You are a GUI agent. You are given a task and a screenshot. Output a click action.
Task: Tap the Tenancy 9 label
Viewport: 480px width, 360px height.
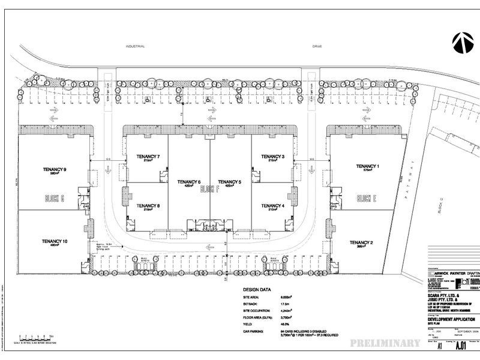click(54, 170)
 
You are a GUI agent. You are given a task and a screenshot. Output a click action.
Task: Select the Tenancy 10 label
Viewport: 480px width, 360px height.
click(54, 241)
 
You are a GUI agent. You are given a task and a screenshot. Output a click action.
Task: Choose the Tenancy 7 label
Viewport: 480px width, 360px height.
click(147, 157)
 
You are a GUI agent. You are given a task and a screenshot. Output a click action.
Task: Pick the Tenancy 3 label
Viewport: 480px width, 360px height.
click(272, 157)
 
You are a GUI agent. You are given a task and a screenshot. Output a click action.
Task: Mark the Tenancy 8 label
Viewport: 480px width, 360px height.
click(147, 206)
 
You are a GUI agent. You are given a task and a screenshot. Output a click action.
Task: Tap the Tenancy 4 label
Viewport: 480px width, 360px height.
click(272, 206)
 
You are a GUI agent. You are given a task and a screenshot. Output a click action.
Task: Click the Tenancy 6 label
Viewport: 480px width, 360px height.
click(189, 182)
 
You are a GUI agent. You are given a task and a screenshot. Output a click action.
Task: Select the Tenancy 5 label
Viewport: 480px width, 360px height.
click(230, 182)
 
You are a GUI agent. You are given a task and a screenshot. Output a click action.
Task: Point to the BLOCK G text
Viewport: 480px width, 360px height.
click(54, 199)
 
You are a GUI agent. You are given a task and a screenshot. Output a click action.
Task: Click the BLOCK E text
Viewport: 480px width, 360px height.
click(366, 199)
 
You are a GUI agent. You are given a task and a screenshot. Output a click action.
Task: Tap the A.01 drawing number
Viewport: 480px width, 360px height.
click(461, 345)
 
